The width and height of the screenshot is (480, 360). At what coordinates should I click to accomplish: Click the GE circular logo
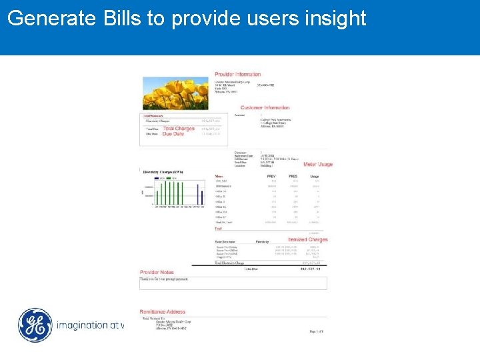tap(35, 325)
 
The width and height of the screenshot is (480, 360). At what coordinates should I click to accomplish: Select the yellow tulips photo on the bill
tap(174, 93)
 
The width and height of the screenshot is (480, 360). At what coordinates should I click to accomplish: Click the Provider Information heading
tap(238, 74)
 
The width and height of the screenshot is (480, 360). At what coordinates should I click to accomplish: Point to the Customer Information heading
tap(265, 107)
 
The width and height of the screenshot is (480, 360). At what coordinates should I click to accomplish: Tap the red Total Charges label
tap(179, 128)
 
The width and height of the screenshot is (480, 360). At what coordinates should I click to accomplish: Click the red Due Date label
tap(173, 134)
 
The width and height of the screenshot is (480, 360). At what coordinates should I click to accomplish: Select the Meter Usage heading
tap(318, 164)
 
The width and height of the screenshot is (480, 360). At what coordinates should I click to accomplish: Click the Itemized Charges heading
tap(308, 239)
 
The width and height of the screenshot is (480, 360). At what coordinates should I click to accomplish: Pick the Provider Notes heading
tap(157, 272)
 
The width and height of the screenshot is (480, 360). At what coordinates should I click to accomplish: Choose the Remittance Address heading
tap(162, 312)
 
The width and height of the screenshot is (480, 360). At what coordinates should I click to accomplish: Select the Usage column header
tap(315, 176)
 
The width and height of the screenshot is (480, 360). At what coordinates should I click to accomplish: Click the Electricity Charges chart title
tap(163, 172)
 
